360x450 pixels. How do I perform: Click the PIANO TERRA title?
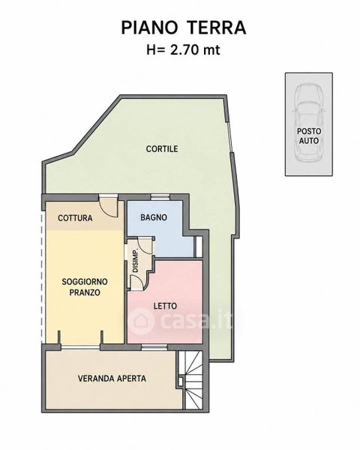click(184, 28)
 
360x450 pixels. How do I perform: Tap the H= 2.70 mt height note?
click(183, 50)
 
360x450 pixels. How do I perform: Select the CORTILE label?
click(162, 149)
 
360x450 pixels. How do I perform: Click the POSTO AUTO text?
click(309, 136)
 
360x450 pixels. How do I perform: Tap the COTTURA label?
click(75, 218)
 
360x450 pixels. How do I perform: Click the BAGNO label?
click(154, 217)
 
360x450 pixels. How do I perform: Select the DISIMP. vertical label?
click(136, 260)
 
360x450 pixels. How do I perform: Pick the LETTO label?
click(165, 306)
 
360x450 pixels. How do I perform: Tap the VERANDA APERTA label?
click(112, 378)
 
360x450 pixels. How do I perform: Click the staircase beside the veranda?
click(191, 379)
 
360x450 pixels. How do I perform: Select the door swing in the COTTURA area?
click(108, 207)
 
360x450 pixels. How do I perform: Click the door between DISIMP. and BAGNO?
click(146, 245)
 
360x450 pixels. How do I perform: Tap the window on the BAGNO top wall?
click(160, 196)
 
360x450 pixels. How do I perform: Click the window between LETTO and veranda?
click(154, 346)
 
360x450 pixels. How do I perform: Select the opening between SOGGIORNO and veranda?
click(81, 346)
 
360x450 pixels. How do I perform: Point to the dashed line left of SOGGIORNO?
click(43, 277)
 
